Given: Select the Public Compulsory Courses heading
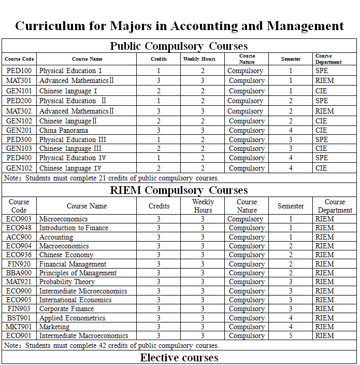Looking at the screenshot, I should click(x=179, y=46).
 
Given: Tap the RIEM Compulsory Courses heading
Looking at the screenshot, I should click(x=179, y=190).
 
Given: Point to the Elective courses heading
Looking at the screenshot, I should click(x=179, y=358).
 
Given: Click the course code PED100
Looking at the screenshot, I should click(x=19, y=71).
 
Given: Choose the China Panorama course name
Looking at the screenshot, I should click(x=64, y=131).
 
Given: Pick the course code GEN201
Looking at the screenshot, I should click(x=19, y=131).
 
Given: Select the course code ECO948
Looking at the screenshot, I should click(x=19, y=228).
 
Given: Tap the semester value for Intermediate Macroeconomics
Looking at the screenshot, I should click(x=291, y=336).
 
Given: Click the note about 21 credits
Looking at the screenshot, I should click(x=111, y=178).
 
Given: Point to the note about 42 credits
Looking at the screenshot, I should click(x=111, y=345).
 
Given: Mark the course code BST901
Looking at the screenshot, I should click(x=19, y=318).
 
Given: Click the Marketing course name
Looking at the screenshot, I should click(x=54, y=327).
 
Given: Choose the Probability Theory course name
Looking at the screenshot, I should click(x=67, y=282).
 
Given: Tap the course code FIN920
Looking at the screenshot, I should click(x=19, y=264).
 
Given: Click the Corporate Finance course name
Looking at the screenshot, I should click(x=66, y=309).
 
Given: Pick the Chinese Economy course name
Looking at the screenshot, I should click(x=66, y=255).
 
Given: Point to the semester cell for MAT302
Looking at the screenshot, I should click(x=291, y=111).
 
